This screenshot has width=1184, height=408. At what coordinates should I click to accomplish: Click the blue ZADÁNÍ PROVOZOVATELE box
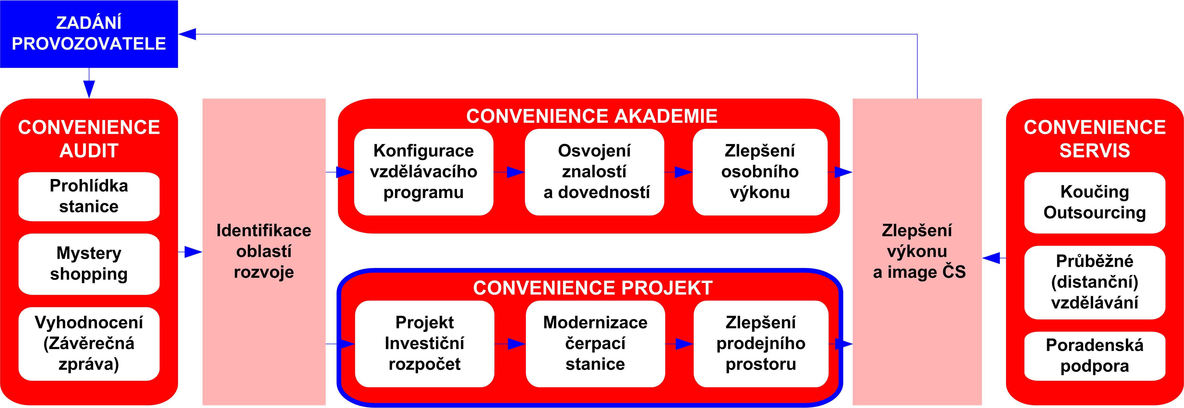click(89, 34)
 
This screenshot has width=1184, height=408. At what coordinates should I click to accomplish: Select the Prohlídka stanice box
click(89, 196)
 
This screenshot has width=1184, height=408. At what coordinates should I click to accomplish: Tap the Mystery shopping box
click(89, 264)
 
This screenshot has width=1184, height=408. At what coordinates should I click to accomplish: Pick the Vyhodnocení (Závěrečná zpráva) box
click(89, 344)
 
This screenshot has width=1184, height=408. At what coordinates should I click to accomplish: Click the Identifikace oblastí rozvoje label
click(264, 251)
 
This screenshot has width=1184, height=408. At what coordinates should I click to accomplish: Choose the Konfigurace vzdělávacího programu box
click(423, 172)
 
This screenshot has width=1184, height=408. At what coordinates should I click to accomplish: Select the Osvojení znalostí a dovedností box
click(594, 172)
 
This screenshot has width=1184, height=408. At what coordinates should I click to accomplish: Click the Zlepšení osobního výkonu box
click(760, 172)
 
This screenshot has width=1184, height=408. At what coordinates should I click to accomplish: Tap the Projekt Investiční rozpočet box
click(424, 344)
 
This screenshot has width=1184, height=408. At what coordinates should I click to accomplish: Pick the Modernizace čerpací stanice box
click(595, 344)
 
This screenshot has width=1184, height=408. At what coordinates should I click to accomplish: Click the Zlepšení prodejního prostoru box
click(761, 344)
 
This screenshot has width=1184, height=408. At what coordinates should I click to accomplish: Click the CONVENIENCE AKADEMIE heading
click(592, 116)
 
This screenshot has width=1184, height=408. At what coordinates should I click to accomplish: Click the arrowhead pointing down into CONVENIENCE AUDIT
click(89, 89)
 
